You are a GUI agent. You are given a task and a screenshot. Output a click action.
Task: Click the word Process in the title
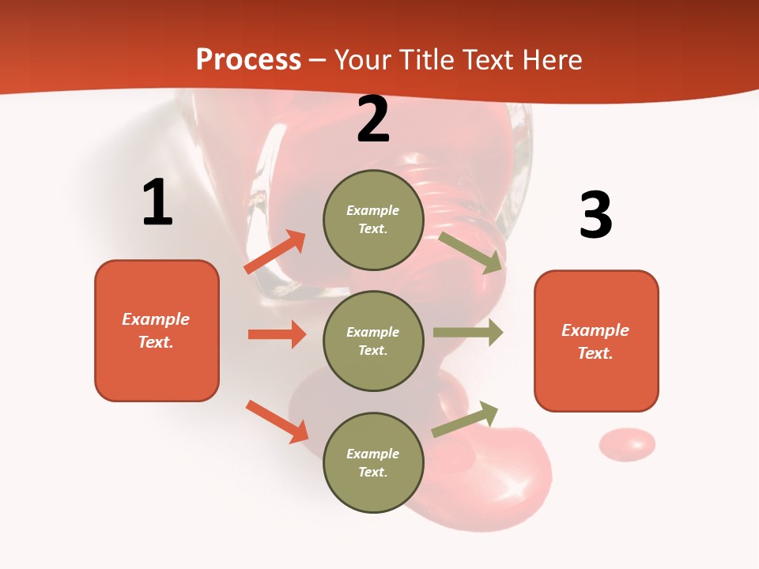[x=248, y=60]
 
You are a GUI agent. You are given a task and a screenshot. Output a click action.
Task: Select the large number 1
[x=157, y=202]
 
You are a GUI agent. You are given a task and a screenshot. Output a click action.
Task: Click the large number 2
[x=373, y=119]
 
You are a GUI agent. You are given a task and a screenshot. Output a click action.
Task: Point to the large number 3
[x=595, y=215]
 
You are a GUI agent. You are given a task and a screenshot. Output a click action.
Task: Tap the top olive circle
[x=373, y=220]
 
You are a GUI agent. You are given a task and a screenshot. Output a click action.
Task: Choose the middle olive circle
[x=373, y=341]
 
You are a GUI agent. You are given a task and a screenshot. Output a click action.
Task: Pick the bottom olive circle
[x=373, y=462]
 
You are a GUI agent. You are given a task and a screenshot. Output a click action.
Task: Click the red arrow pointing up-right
[x=275, y=252]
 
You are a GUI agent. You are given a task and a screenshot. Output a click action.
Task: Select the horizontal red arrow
[x=277, y=334]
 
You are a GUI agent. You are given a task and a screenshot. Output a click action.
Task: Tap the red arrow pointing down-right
[x=277, y=421]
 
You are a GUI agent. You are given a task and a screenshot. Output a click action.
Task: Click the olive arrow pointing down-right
[x=471, y=252]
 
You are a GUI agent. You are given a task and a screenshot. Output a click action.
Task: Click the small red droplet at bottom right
[x=627, y=445]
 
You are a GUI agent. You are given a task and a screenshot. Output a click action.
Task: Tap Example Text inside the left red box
[x=156, y=330]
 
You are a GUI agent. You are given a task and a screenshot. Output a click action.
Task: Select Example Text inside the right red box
[x=595, y=341]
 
